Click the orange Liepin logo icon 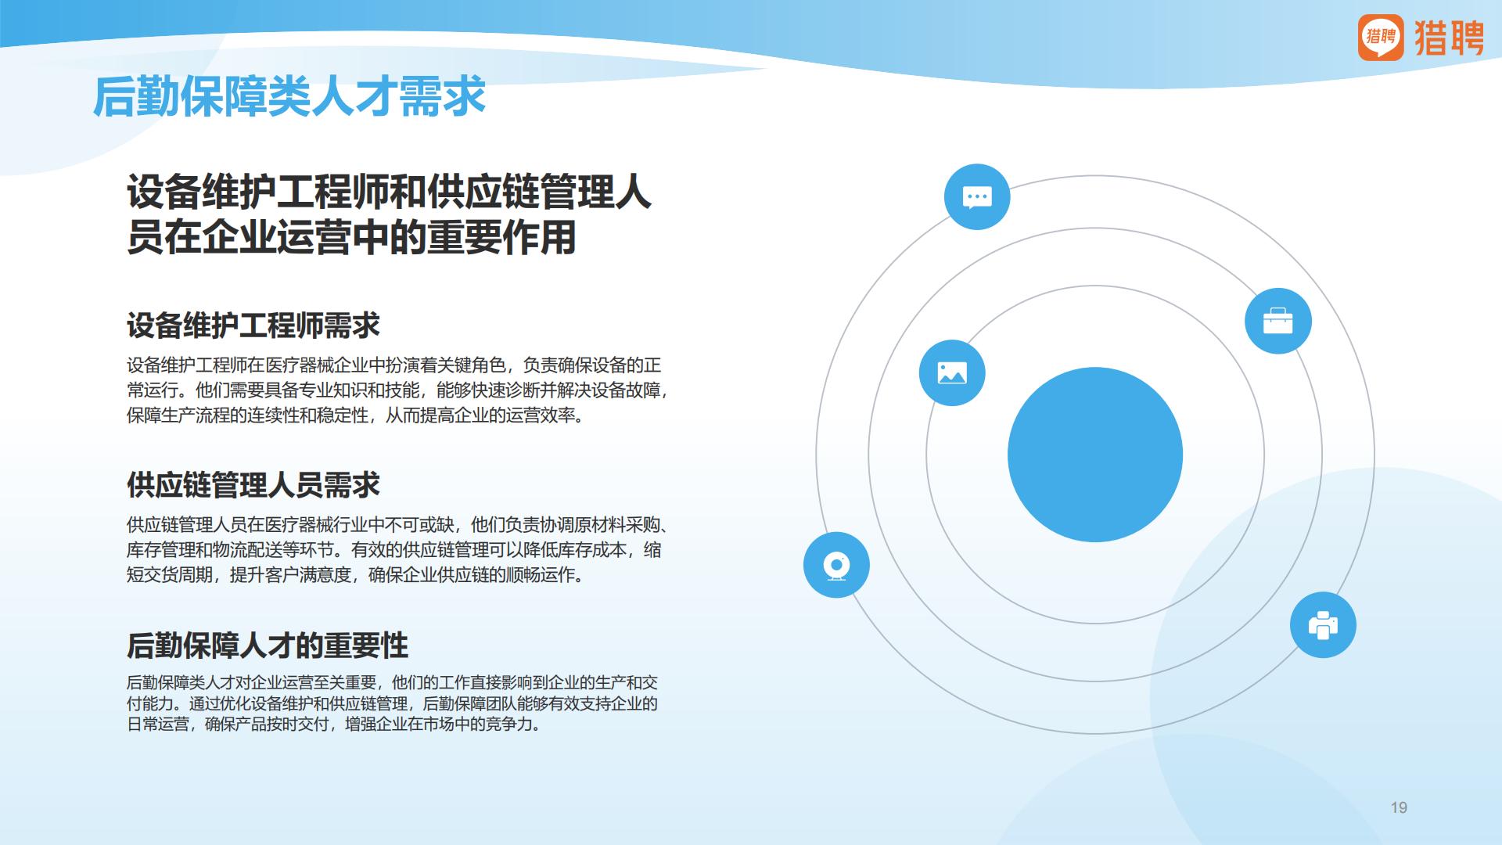(x=1381, y=37)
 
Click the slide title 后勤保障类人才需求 (x=289, y=98)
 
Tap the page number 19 (x=1399, y=807)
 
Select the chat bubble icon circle (x=977, y=197)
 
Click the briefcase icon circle (x=1277, y=321)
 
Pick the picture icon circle (x=952, y=373)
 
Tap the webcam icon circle (x=836, y=565)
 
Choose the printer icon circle (x=1323, y=625)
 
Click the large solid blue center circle (x=1094, y=455)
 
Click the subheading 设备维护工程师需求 (x=253, y=325)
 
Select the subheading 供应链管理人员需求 (x=253, y=485)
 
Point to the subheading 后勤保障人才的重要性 (x=268, y=646)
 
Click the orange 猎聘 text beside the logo (x=1449, y=37)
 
